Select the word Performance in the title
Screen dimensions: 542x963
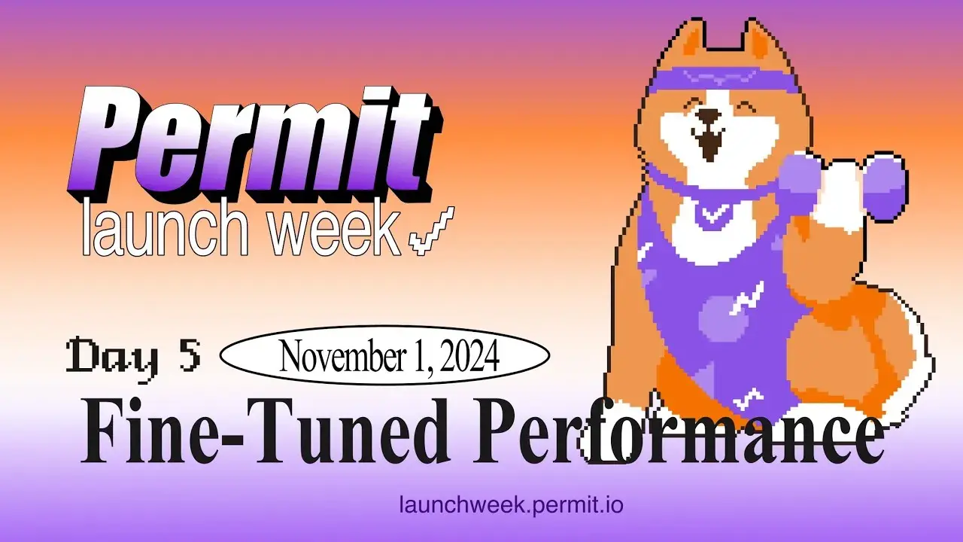[677, 435]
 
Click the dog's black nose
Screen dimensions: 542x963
[709, 117]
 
